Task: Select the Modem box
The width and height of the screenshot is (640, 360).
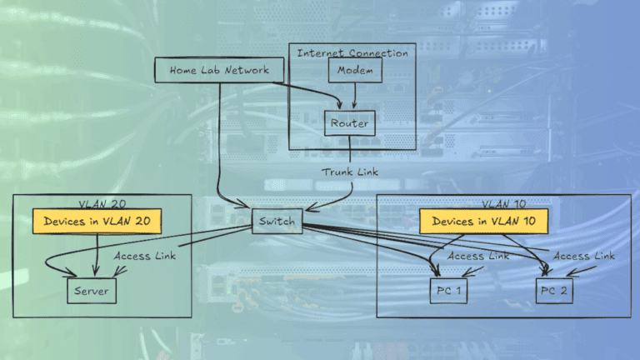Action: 355,71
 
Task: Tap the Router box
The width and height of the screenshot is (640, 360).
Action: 349,124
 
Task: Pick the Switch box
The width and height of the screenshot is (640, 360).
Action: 277,221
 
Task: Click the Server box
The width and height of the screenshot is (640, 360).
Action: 92,291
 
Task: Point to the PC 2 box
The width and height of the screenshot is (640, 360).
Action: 557,291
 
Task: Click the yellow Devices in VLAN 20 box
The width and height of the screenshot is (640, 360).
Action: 97,221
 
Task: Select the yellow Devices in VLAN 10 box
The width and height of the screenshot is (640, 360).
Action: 483,221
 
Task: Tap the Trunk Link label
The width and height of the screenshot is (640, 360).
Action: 350,172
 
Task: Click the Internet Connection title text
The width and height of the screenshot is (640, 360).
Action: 352,52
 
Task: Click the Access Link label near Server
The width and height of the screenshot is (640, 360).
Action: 145,256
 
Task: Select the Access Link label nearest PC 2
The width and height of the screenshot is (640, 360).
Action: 584,256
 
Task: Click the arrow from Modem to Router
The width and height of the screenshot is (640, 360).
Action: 355,96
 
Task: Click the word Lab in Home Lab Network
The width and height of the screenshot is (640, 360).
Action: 213,71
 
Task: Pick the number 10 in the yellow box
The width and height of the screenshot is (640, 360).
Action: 536,221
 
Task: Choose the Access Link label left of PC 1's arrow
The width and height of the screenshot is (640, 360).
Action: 477,256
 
